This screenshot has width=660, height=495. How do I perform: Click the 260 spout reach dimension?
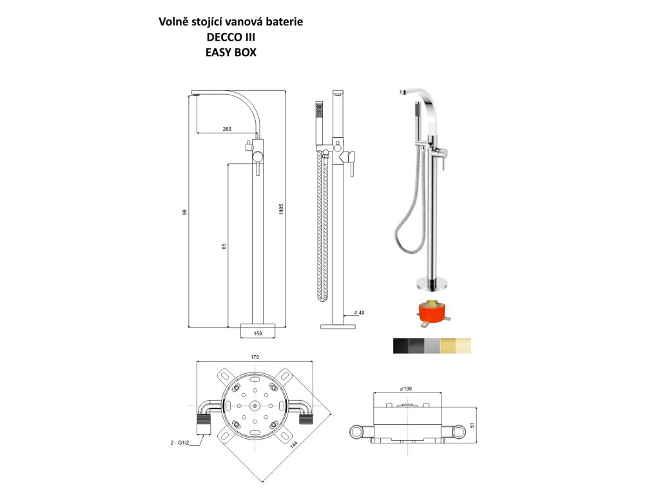[x=227, y=130]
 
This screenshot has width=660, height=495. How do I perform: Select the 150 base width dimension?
[x=257, y=333]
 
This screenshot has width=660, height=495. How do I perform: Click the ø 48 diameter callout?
[x=359, y=313]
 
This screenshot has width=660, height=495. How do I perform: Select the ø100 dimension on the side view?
[x=406, y=389]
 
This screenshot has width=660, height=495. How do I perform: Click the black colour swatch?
[x=401, y=345]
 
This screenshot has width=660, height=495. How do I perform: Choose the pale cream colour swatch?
[x=464, y=345]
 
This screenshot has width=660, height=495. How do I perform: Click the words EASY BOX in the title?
[x=231, y=53]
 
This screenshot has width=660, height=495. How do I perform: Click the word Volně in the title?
[x=174, y=22]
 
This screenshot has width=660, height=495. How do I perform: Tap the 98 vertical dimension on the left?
[x=184, y=212]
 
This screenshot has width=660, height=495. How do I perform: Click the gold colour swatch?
[x=448, y=345]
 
